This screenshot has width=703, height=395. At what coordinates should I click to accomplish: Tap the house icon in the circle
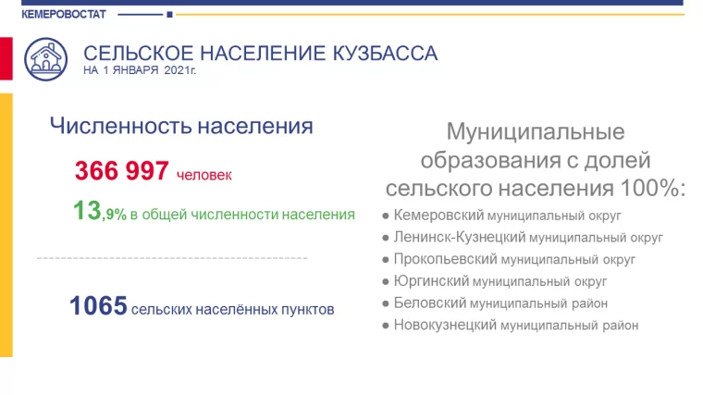tap(44, 60)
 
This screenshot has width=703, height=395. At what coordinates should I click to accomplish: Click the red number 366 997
tap(121, 171)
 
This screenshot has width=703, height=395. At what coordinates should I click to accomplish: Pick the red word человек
tap(203, 174)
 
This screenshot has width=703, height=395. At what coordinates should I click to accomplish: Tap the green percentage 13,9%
tap(99, 213)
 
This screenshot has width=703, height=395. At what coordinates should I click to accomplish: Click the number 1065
tap(97, 306)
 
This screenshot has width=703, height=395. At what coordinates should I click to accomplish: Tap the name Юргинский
tap(431, 280)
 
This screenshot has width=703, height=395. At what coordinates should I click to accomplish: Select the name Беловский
tap(430, 302)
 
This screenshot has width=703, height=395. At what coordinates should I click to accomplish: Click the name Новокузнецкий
tap(445, 325)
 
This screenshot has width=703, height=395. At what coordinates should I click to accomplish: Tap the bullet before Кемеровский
tap(384, 216)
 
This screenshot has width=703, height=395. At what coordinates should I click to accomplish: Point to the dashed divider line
tap(171, 257)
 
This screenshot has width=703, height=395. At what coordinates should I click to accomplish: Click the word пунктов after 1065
tap(306, 309)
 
